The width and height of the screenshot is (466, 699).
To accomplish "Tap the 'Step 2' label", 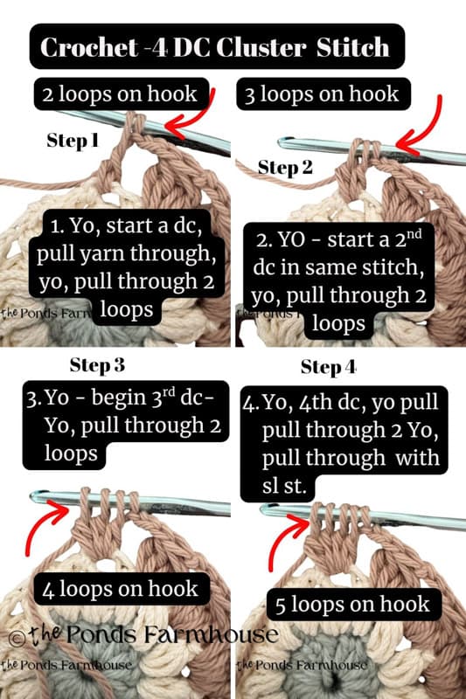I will (285, 168).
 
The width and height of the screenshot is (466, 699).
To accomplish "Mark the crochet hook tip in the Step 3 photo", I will (37, 497).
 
